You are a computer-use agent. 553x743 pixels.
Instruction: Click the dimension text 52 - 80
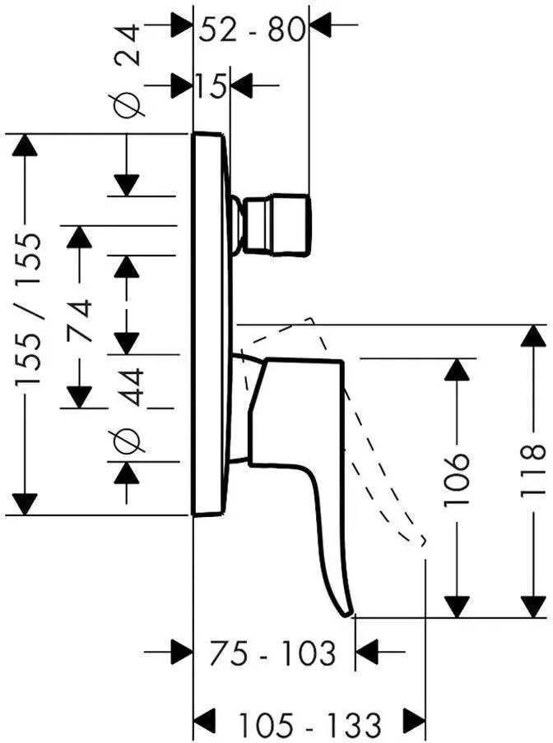click(x=251, y=30)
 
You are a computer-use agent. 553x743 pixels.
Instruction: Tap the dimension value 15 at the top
click(x=211, y=85)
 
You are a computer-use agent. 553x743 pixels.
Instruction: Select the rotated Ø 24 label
click(x=127, y=71)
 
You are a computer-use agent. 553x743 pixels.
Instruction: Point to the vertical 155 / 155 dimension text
click(x=29, y=309)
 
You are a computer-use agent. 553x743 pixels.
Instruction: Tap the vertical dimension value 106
click(x=457, y=479)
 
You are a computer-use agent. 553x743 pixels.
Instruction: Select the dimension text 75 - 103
click(x=272, y=653)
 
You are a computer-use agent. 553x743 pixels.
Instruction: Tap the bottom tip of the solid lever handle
click(x=349, y=616)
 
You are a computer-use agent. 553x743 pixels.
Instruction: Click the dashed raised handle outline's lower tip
click(x=423, y=542)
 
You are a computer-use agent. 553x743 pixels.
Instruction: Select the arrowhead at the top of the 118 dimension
click(x=534, y=336)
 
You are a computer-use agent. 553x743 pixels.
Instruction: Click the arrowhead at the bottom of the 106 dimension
click(x=456, y=607)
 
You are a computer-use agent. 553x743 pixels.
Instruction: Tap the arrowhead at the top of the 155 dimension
click(x=25, y=145)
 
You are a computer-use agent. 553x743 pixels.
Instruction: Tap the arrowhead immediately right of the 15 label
click(x=242, y=85)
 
